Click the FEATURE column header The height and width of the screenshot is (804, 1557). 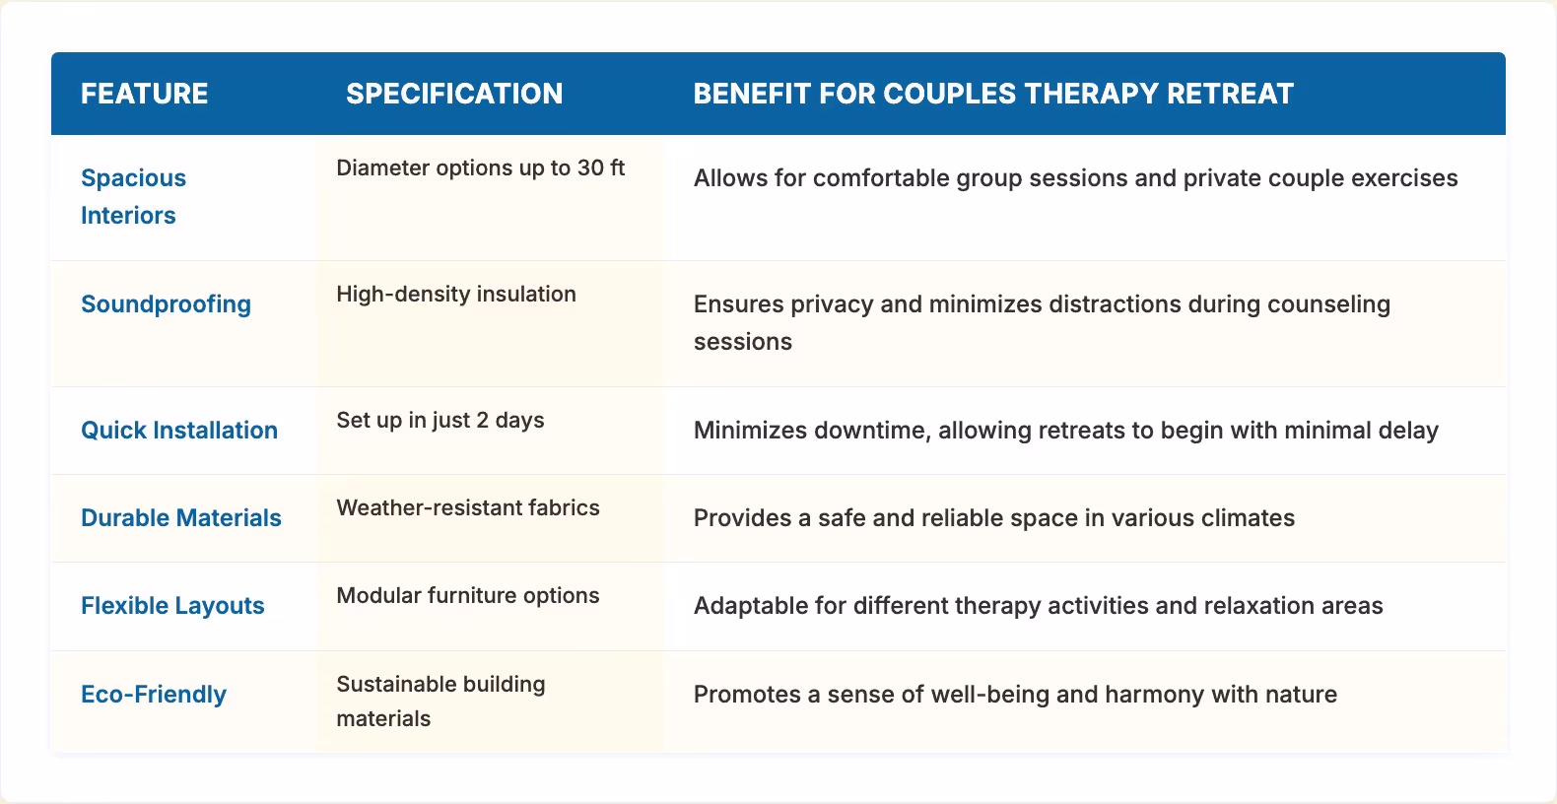(144, 94)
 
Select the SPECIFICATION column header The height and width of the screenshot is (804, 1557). (454, 94)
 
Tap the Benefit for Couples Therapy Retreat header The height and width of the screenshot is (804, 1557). (992, 94)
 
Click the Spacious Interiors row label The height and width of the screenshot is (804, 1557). (133, 196)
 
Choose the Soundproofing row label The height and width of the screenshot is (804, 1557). (166, 304)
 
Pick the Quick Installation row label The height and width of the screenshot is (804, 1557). (179, 431)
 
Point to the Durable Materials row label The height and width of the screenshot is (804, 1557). (181, 518)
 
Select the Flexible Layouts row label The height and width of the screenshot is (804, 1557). (172, 606)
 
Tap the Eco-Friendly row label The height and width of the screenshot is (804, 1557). (154, 695)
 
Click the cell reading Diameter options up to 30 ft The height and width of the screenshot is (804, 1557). (480, 168)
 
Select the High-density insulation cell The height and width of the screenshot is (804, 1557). (456, 295)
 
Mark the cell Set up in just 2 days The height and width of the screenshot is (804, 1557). (440, 421)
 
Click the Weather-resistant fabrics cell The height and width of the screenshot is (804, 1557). (468, 508)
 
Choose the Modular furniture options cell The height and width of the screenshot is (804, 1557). (468, 596)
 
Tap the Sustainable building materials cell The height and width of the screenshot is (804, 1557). (440, 701)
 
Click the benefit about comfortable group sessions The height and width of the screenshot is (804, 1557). (1075, 178)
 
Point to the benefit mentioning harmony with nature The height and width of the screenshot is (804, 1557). (1015, 695)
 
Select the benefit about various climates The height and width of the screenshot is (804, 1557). (993, 518)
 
